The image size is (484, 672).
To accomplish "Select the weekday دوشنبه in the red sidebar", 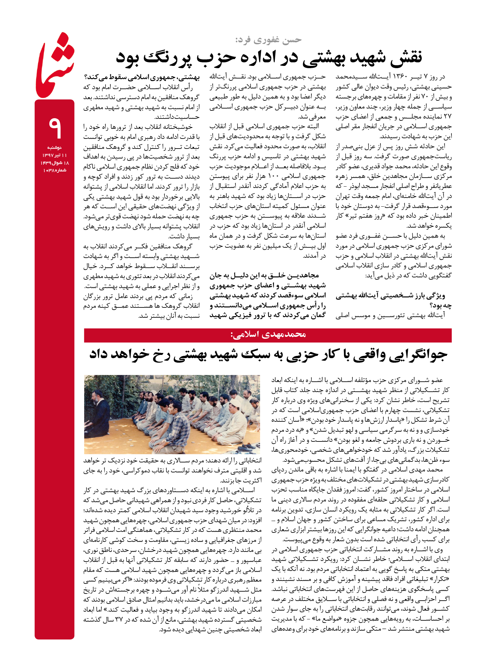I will [55, 148].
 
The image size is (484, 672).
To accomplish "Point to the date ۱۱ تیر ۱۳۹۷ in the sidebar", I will [55, 155].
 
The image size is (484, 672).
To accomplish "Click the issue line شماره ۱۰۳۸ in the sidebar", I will [55, 170].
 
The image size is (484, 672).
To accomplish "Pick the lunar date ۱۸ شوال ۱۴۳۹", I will [55, 163].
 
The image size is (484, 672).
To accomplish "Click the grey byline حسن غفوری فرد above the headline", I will [268, 40].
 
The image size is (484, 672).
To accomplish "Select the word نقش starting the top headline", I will [405, 57].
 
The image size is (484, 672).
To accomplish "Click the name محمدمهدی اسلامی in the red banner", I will [268, 335].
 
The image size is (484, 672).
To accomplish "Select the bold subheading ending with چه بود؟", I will [394, 300].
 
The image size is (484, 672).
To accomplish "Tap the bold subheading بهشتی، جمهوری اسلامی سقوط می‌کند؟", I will [142, 77].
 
